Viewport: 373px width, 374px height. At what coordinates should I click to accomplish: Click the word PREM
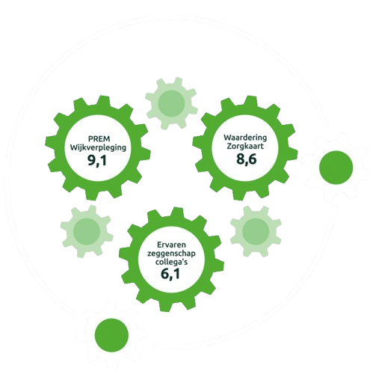tap(99, 139)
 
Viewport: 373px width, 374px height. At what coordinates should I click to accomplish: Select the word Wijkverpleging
tap(98, 148)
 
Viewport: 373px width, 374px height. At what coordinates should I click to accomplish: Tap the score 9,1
tap(97, 160)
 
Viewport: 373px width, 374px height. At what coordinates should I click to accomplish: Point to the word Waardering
tap(245, 138)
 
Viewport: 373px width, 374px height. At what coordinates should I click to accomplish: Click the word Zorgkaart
tap(245, 146)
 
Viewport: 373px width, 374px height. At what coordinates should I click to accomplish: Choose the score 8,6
tap(246, 159)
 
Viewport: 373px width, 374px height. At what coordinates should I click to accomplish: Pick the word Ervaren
tap(171, 245)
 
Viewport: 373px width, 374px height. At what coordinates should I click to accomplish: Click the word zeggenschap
tap(171, 254)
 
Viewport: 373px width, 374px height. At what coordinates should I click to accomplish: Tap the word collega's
tap(171, 262)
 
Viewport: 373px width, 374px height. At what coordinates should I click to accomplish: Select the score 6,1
tap(170, 274)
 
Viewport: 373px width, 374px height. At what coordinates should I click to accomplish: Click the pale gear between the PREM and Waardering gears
tap(171, 103)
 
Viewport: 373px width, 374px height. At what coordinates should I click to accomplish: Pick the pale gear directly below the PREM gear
tap(87, 231)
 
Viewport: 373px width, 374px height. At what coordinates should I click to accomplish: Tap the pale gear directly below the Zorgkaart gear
tap(256, 230)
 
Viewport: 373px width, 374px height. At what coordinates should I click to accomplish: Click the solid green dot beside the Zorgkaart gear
tap(336, 168)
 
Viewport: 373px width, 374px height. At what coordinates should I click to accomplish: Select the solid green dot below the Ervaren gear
tap(111, 335)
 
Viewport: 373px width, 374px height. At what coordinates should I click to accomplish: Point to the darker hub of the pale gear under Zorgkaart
tap(256, 230)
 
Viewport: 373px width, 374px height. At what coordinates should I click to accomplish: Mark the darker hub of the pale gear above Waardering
tap(171, 103)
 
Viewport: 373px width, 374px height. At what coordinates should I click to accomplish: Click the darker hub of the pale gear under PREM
tap(87, 231)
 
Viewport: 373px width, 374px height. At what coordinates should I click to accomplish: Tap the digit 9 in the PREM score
tap(91, 160)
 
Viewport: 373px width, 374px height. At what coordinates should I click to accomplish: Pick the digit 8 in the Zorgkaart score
tap(241, 159)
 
